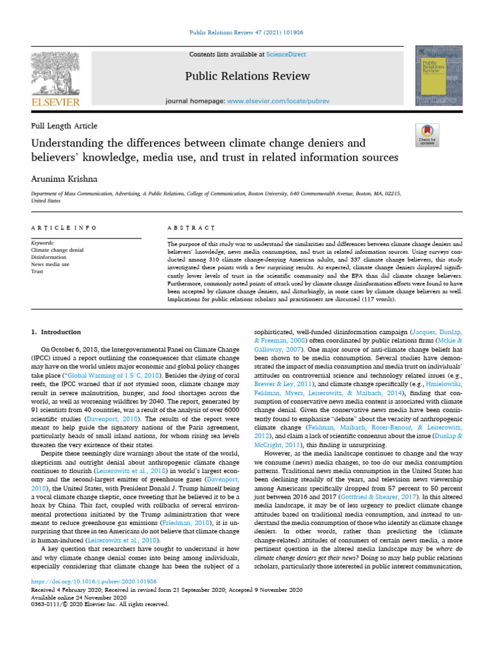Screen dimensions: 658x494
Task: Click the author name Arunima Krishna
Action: pyautogui.click(x=62, y=178)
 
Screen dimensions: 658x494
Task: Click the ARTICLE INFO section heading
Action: pyautogui.click(x=64, y=228)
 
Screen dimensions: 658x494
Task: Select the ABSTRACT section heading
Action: pyautogui.click(x=190, y=228)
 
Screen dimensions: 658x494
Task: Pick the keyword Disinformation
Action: pyautogui.click(x=49, y=258)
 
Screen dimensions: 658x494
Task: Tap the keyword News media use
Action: pyautogui.click(x=51, y=265)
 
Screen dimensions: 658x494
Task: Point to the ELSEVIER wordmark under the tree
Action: pyautogui.click(x=55, y=102)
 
